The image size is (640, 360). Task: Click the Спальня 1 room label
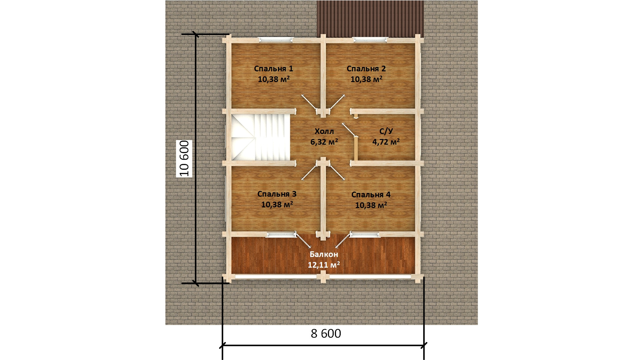click(x=273, y=69)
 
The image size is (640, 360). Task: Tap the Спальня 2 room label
click(x=366, y=69)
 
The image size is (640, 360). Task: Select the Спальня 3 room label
click(x=277, y=194)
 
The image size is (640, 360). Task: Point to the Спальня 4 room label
click(x=371, y=195)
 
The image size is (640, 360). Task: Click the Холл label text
click(x=324, y=131)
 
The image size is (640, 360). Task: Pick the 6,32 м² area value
click(x=324, y=142)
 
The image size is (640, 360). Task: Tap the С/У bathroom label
click(x=386, y=131)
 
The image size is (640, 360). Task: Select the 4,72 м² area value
click(x=386, y=142)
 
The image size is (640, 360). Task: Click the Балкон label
click(x=324, y=255)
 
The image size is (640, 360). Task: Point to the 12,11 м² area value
click(x=324, y=265)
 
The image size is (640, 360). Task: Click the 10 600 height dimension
click(x=184, y=158)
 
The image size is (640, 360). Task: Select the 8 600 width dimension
click(x=326, y=334)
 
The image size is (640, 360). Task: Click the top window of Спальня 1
click(x=276, y=40)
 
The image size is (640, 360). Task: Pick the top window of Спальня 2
click(x=371, y=40)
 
